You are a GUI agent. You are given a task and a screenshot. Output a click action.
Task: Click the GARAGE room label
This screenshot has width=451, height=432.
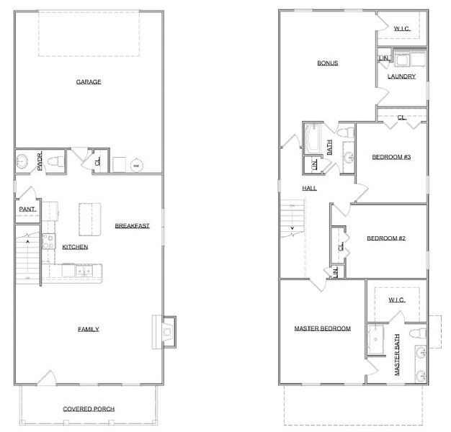point(89,82)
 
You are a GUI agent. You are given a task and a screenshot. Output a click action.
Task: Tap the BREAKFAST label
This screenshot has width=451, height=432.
point(132,226)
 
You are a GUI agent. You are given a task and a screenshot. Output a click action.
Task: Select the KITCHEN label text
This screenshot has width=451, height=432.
point(75,247)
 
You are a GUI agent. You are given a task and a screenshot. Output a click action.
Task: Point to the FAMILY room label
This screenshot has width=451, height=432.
point(89,329)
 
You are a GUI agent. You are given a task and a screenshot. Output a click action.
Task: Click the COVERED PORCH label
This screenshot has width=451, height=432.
point(89,409)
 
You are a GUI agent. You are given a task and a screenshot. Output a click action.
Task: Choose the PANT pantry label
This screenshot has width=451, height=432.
point(27,210)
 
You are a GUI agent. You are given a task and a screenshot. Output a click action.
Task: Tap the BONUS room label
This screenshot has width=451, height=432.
point(328,63)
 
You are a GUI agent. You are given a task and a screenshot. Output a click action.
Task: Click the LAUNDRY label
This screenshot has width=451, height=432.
point(401,76)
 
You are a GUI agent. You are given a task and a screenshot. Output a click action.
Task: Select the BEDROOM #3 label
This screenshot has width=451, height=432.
point(390,157)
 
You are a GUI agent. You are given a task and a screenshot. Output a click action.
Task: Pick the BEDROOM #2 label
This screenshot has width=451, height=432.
point(386,238)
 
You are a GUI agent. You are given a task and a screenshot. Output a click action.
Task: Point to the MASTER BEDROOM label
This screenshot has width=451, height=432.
point(322,328)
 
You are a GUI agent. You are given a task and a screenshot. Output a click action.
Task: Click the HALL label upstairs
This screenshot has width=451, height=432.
point(309,188)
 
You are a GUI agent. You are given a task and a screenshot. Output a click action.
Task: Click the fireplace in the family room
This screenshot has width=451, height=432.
point(165,331)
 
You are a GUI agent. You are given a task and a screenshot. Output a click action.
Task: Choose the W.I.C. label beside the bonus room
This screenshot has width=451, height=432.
point(401,29)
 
